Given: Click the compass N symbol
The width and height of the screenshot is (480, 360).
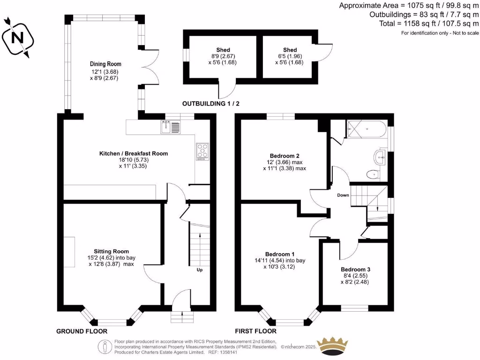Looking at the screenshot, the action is point(17,38).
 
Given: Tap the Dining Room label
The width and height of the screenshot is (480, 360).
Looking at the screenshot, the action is point(105,64).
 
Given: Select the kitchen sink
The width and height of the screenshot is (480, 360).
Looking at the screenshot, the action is point(171,127).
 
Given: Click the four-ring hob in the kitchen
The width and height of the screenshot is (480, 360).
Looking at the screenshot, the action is point(202,151).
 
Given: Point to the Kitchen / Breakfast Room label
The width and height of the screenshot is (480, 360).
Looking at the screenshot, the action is point(134,153).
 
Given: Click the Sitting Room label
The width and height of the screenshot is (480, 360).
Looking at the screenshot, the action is point(111,251).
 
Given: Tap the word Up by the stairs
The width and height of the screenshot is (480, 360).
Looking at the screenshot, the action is point(200,270).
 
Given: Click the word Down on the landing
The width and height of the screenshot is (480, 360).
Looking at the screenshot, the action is point(343,195).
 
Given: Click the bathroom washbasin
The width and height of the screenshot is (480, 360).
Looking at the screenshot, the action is point(380,157).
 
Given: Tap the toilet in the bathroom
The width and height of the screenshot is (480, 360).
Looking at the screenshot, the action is point(373,174).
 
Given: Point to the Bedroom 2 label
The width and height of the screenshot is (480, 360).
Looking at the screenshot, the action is point(285,156).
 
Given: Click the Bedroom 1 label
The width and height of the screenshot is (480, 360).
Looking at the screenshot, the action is point(280,254).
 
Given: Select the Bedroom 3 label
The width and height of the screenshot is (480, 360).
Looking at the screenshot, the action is point(355,270).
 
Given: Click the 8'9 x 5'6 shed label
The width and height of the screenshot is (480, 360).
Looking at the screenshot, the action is point(223,56).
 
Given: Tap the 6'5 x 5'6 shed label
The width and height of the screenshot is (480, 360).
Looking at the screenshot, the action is point(289,56).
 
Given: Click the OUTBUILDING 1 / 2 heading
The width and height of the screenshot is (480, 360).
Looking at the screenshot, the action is point(210,104).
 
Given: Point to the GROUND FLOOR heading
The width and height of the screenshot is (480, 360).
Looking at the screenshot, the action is point(82,331).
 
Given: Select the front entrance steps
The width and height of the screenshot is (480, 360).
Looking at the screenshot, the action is point(182,317).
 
